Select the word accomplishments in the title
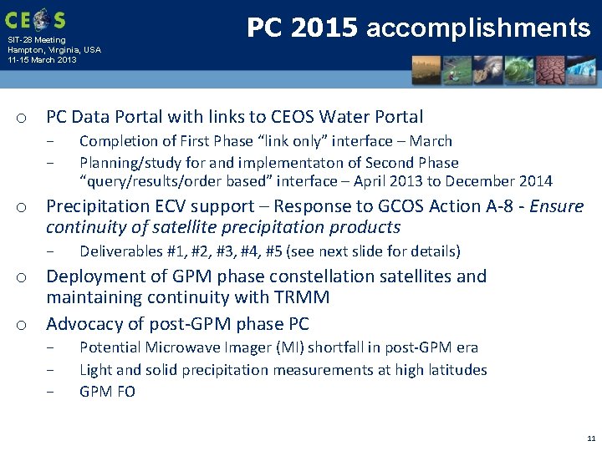click(x=478, y=29)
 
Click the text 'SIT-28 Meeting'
click(x=36, y=40)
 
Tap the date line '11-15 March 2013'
click(x=42, y=60)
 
